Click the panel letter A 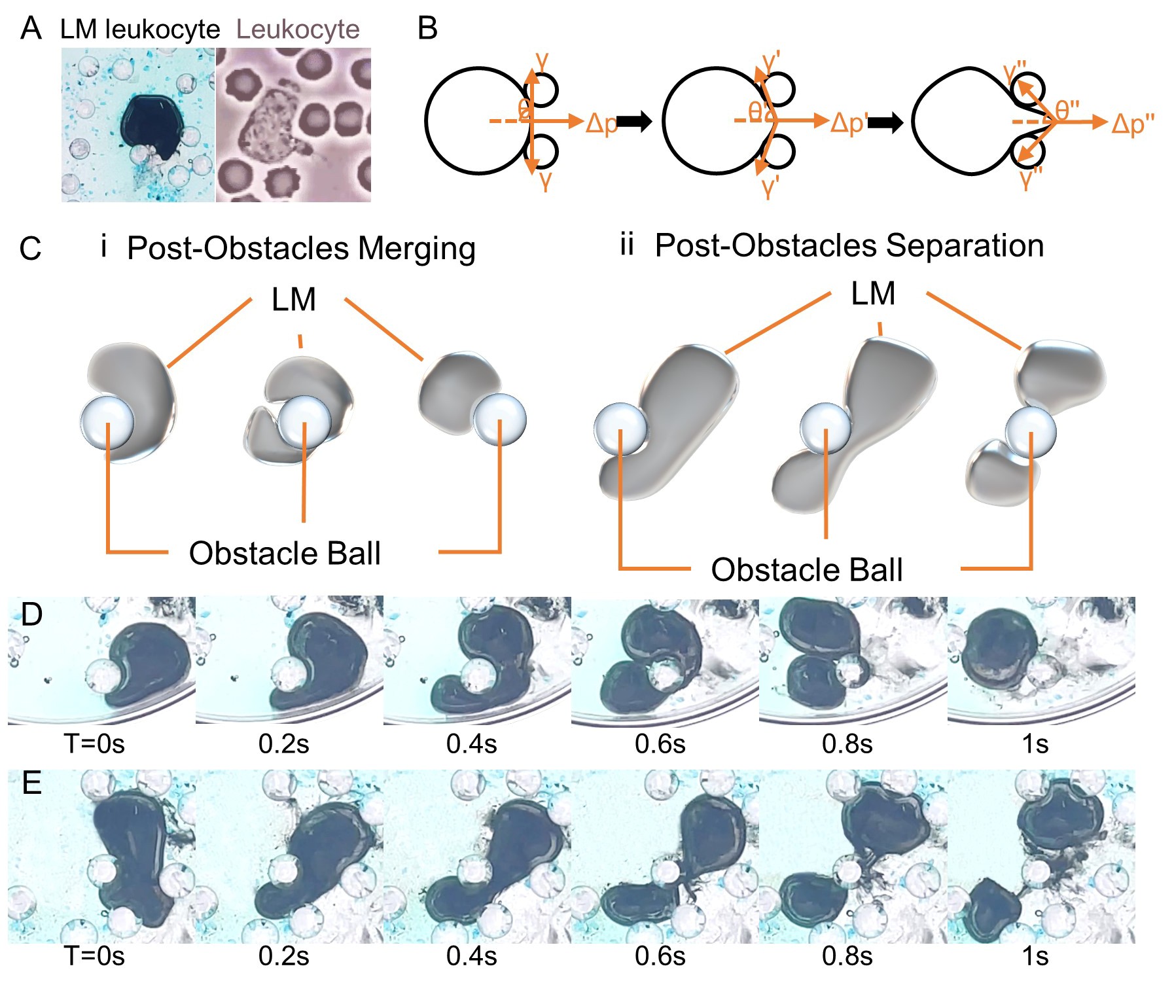(31, 29)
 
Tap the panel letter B (427, 29)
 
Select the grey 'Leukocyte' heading (298, 29)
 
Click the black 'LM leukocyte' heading (140, 29)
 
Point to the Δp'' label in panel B (1133, 124)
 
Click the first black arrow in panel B (634, 121)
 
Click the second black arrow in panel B (885, 122)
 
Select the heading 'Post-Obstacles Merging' (301, 249)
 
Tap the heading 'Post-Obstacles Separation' (849, 246)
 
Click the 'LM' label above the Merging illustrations (294, 300)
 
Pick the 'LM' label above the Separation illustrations (873, 294)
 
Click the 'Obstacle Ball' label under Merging (285, 554)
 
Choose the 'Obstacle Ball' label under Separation (806, 570)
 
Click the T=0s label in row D (94, 744)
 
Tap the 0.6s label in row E (660, 956)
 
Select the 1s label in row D (1035, 744)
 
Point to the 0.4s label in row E (471, 956)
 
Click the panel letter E (31, 783)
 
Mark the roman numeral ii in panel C (626, 245)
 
